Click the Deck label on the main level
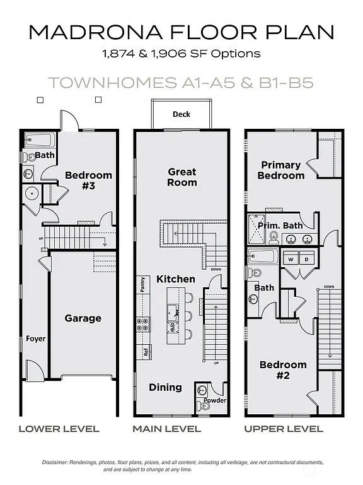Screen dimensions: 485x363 [181, 114]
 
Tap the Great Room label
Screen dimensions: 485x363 [181, 177]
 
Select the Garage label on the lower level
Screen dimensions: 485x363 [83, 318]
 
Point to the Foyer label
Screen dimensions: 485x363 [35, 339]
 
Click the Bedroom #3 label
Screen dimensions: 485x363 [89, 180]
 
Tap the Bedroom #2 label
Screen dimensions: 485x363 [283, 369]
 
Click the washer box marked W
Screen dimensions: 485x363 [291, 259]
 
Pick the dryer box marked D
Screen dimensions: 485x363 [308, 259]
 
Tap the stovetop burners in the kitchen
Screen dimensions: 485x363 [143, 325]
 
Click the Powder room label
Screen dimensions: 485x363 [214, 400]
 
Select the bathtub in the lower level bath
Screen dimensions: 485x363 [40, 139]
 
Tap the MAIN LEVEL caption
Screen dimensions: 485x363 [166, 429]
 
